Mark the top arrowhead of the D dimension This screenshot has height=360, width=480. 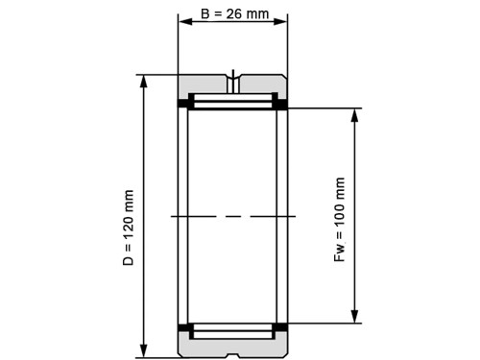tap(143, 81)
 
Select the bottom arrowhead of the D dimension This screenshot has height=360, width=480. tap(143, 349)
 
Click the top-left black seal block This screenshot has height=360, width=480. tap(182, 103)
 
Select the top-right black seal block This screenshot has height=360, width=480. tap(282, 103)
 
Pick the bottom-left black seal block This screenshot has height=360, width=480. tap(182, 329)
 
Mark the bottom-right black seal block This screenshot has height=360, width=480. tap(282, 329)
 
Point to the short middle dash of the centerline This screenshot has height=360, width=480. tap(232, 217)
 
